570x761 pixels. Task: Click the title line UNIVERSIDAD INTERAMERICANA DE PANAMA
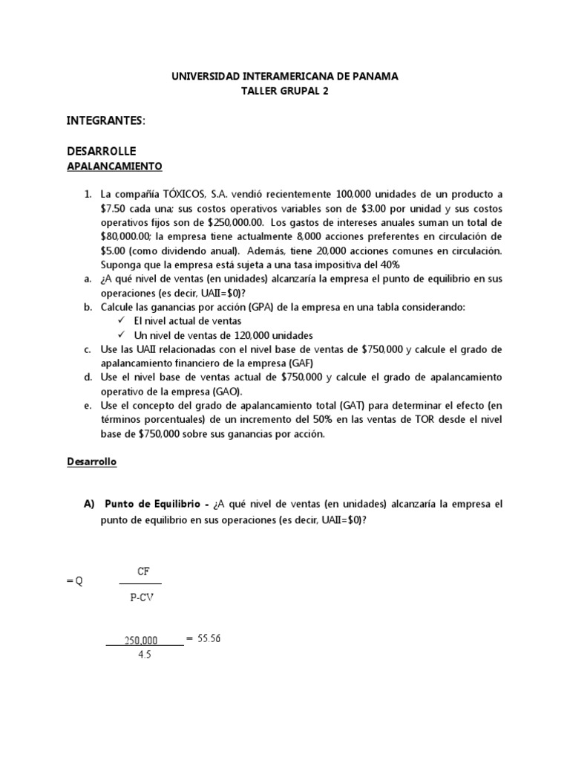point(284,76)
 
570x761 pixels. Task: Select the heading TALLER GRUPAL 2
point(284,91)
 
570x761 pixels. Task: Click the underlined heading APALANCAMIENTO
point(114,166)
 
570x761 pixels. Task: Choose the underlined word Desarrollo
point(92,462)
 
